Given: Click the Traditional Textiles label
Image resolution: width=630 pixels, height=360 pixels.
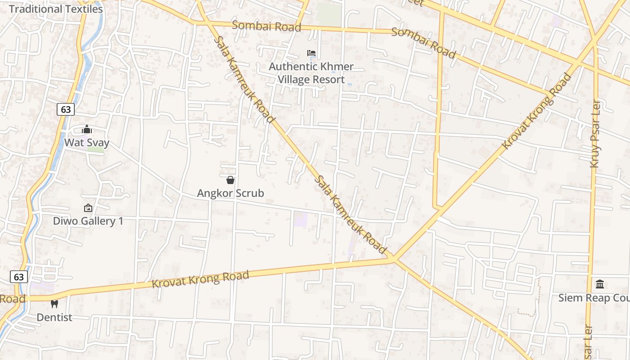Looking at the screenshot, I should click(56, 9).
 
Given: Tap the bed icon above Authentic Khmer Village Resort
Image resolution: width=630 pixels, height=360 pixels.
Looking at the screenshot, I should click(311, 53).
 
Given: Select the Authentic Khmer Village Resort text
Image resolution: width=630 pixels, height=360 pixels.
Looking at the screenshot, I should click(311, 73).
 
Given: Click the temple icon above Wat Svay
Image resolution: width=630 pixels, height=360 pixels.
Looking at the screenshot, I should click(87, 130).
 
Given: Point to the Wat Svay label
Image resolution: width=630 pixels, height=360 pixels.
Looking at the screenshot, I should click(87, 143).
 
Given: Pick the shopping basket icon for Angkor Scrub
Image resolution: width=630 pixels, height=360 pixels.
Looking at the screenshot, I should click(230, 180).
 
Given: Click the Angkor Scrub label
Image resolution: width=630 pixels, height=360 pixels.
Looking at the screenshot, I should click(230, 193).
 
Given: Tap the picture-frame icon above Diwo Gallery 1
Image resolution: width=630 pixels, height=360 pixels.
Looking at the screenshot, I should click(88, 208).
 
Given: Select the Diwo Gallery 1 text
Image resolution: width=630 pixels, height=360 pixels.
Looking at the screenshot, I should click(88, 221).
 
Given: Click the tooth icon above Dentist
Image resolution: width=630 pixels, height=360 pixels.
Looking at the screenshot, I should click(54, 304).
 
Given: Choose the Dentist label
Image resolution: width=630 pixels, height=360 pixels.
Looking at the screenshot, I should click(54, 317).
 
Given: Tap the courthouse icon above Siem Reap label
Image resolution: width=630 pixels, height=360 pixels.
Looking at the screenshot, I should click(600, 284).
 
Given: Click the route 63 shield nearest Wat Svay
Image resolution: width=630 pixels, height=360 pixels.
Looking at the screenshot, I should click(66, 109).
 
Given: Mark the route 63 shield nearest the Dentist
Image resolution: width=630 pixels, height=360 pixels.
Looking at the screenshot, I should click(19, 277).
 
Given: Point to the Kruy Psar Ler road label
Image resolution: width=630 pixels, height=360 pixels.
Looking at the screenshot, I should click(595, 134).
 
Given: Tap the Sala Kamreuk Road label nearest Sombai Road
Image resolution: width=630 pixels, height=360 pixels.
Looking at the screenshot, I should click(243, 79).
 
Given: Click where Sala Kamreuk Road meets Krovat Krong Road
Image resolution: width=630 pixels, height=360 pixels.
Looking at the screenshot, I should click(393, 259).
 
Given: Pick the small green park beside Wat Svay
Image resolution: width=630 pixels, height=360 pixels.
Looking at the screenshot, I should click(95, 149).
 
